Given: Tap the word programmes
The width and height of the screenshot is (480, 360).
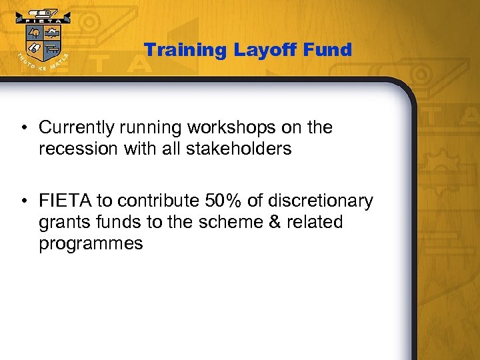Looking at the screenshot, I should tap(91, 243).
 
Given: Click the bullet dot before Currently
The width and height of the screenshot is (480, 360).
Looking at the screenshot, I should tap(23, 128).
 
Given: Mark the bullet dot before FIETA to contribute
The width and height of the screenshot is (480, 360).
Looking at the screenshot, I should tap(23, 201).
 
